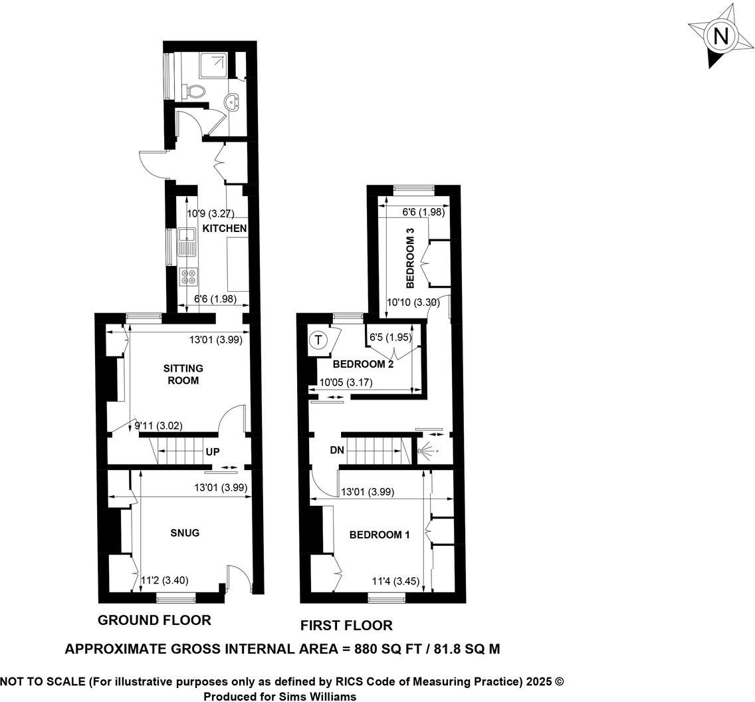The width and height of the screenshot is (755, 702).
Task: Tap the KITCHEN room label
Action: click(225, 229)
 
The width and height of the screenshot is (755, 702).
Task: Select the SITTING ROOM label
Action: click(183, 374)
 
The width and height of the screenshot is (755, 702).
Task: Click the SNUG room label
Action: click(185, 533)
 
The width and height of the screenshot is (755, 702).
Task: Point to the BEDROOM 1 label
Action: click(379, 534)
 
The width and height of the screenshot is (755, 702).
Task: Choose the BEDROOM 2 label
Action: click(363, 364)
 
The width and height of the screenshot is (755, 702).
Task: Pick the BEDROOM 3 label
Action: click(410, 259)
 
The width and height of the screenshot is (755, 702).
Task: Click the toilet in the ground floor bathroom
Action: click(195, 90)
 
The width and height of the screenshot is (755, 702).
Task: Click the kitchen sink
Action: click(186, 241)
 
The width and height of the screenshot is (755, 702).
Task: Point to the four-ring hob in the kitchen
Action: click(187, 276)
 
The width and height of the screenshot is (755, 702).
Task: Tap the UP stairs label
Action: click(213, 452)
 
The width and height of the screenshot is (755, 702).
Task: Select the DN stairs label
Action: click(337, 451)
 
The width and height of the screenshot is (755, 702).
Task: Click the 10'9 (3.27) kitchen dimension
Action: click(207, 214)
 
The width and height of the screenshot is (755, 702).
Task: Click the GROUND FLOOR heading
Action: click(154, 620)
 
